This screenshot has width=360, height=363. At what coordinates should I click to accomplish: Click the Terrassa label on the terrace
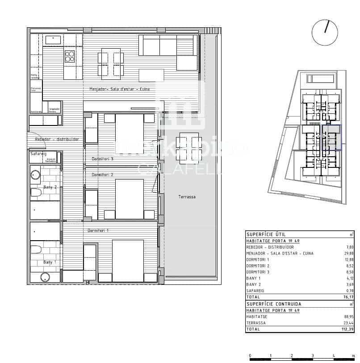point(187,197)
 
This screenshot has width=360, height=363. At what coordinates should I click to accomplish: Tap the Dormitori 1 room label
point(98,230)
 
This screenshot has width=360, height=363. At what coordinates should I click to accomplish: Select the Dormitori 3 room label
point(102,159)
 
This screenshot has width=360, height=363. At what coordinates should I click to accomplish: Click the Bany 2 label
point(50,187)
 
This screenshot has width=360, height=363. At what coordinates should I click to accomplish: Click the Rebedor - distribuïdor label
point(57,139)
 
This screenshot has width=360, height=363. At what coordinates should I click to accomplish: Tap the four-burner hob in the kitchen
point(70,56)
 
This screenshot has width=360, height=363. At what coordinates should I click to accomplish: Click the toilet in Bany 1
point(35,249)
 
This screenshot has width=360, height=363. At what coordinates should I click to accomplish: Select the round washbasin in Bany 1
point(45,277)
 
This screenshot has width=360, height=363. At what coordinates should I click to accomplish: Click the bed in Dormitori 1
point(128,260)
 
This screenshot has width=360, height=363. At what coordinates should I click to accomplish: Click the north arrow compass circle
point(325,32)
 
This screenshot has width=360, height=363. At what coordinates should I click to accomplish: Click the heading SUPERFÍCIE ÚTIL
point(266,234)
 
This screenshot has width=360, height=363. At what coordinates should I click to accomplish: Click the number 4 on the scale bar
point(333,356)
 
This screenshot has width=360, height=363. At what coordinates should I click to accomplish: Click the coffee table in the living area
point(151,75)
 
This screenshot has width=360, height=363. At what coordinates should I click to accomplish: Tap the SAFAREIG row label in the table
point(256,291)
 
